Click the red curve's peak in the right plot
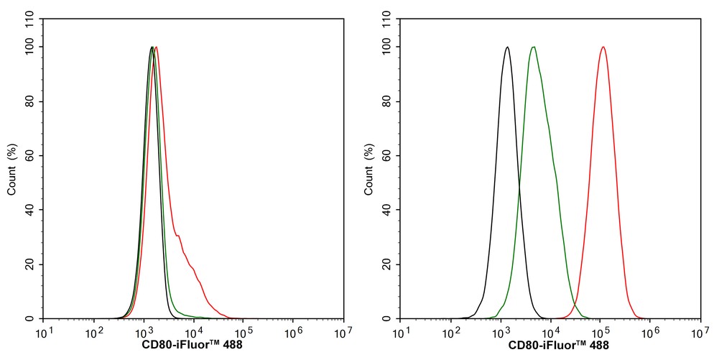coord(603,47)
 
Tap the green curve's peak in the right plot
coord(532,47)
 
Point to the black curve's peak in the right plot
coord(507,47)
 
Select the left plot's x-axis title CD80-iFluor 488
coord(193,346)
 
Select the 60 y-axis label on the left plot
coord(29,156)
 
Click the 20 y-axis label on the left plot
coord(29,264)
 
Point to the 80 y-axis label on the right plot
coord(386,101)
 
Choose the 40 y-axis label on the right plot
coord(386,210)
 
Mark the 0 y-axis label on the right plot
coord(389,318)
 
